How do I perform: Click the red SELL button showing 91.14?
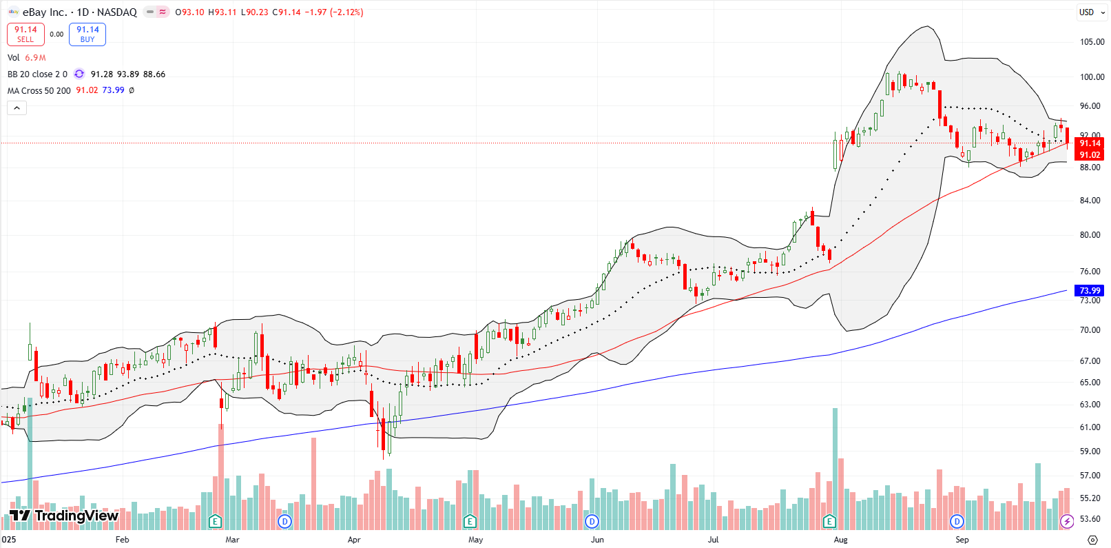(25, 34)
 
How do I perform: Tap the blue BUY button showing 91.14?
(87, 34)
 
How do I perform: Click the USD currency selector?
(1086, 12)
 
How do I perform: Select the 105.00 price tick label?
(1092, 41)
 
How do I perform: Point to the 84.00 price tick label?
(1090, 201)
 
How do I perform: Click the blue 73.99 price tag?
(1090, 290)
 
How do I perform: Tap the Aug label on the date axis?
(840, 540)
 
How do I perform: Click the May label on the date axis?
(475, 540)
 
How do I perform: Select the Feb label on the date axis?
(122, 540)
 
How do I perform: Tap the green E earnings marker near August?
(829, 521)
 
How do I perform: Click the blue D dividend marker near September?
(957, 521)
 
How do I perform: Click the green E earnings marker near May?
(470, 521)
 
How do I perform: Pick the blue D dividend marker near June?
(592, 521)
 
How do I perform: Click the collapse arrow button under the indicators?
(17, 108)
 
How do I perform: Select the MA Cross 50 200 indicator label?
(39, 90)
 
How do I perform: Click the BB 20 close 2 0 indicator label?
(37, 74)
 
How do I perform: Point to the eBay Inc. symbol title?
(44, 12)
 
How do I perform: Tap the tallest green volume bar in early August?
(835, 469)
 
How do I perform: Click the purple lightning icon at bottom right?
(1066, 521)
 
